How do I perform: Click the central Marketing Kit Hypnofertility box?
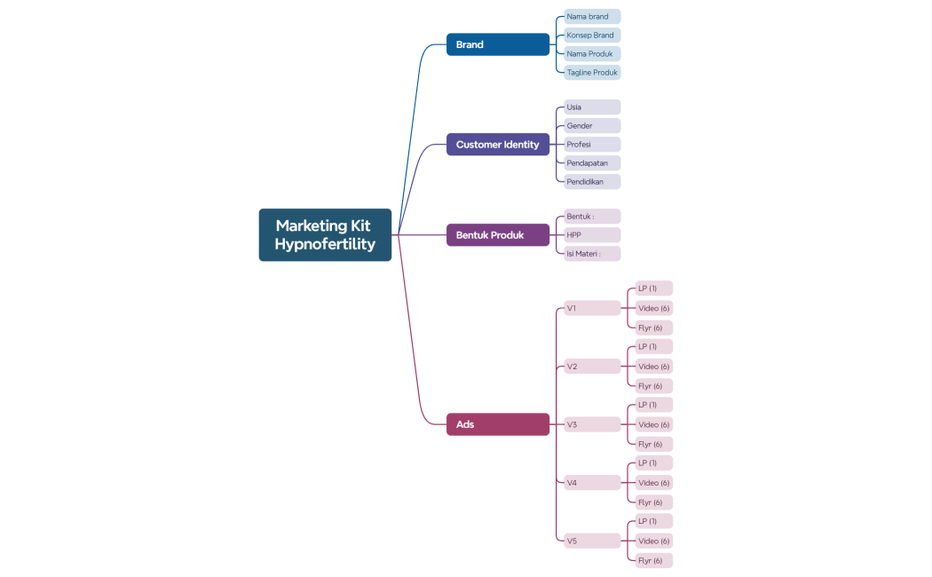click(325, 234)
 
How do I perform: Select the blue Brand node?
click(498, 44)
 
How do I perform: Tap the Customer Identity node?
click(498, 145)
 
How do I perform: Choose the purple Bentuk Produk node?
click(498, 234)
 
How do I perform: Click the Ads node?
click(498, 424)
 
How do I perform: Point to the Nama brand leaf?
click(592, 17)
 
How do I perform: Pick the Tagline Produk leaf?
click(592, 73)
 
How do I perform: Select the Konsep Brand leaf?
click(592, 35)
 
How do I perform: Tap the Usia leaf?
click(592, 107)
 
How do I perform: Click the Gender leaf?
click(592, 126)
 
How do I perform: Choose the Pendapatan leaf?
click(592, 162)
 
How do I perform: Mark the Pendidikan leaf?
click(592, 182)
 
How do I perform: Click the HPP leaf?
click(592, 234)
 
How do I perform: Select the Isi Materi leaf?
click(592, 254)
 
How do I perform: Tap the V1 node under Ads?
click(592, 308)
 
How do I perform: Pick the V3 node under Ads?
click(592, 424)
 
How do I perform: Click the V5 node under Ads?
click(592, 541)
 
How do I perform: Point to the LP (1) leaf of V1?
click(654, 288)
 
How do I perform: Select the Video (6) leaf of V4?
click(654, 483)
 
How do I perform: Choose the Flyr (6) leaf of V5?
click(654, 560)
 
